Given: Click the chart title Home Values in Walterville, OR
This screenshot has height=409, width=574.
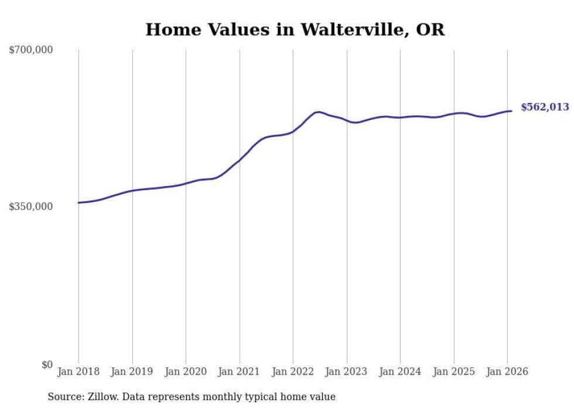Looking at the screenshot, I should click(x=295, y=30).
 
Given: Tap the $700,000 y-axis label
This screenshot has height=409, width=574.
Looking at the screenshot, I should click(x=31, y=50).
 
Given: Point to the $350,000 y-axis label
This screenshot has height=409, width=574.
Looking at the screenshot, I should click(x=31, y=207).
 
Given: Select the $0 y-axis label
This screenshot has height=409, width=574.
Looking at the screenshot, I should click(x=47, y=365).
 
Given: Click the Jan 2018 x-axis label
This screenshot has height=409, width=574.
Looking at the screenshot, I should click(x=78, y=372).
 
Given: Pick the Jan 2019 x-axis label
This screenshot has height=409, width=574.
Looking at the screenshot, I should click(x=132, y=372).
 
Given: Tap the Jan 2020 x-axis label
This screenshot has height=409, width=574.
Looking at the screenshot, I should click(x=186, y=372).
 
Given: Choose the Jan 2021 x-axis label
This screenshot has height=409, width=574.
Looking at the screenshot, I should click(x=239, y=372).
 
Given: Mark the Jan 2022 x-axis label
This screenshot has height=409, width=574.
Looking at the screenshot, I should click(x=293, y=372).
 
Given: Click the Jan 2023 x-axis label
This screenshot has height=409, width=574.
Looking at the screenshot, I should click(x=346, y=372).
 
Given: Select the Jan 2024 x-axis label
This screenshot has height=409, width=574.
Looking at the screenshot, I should click(x=400, y=372).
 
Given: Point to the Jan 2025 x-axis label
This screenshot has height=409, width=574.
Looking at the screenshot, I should click(x=453, y=372).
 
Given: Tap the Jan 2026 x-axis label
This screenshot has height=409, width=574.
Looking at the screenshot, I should click(x=507, y=372).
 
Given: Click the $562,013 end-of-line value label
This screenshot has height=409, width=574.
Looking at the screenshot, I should click(x=545, y=107).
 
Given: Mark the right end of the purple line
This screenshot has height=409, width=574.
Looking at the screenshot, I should click(x=511, y=111).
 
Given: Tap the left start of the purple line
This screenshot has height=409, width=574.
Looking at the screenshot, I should click(x=78, y=202).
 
